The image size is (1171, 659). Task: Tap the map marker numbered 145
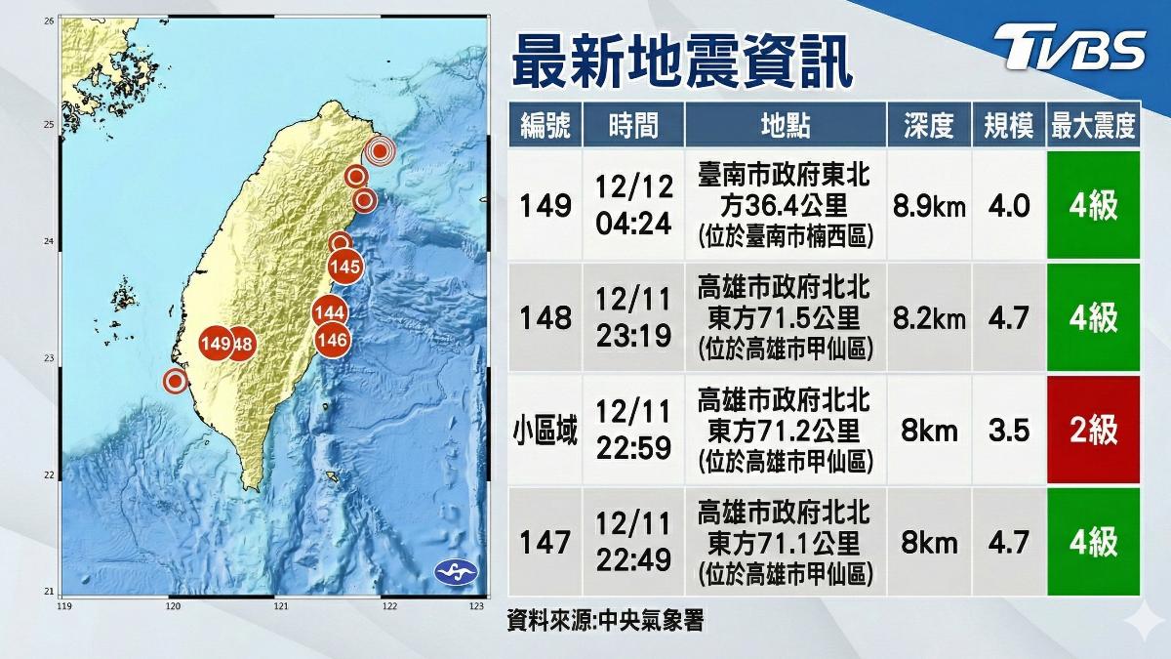(x=345, y=267)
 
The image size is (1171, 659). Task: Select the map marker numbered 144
(x=330, y=312)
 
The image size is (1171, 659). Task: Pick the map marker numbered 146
(x=333, y=341)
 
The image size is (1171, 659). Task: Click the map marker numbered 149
(x=215, y=344)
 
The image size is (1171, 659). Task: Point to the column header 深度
(x=929, y=125)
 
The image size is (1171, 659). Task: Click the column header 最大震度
(x=1093, y=125)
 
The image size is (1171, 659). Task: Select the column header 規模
(x=1009, y=125)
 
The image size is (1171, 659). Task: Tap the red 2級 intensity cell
(x=1093, y=431)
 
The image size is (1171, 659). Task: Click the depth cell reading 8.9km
(x=929, y=207)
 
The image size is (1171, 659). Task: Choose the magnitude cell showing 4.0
(x=1009, y=207)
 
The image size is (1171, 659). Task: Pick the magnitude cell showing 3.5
(x=1009, y=431)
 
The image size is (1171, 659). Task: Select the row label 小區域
(x=545, y=431)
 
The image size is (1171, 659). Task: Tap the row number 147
(x=545, y=542)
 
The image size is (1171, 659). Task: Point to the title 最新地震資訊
(x=682, y=61)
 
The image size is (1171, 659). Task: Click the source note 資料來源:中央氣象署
(x=605, y=619)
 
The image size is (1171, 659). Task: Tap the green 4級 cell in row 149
(x=1093, y=207)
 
